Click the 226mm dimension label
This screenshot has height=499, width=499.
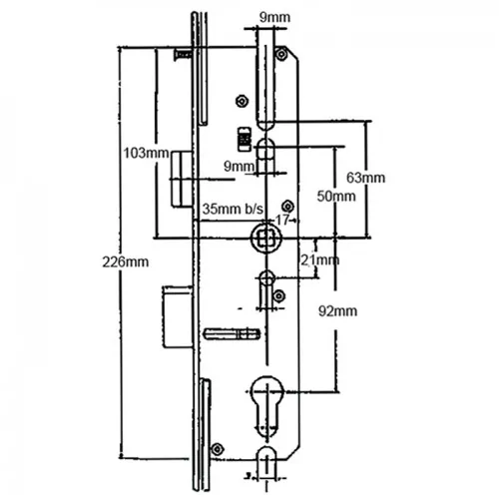click(126, 262)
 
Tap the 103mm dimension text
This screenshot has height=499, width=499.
click(146, 154)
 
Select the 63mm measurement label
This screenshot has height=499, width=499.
click(365, 178)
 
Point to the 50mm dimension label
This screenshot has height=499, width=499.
click(336, 197)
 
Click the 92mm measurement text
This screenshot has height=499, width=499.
click(338, 311)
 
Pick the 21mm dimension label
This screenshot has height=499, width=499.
click(320, 260)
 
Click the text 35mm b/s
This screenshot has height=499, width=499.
click(233, 209)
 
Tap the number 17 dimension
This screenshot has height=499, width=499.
click(282, 220)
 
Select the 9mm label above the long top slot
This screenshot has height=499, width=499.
click(274, 17)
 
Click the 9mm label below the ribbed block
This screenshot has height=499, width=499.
click(239, 167)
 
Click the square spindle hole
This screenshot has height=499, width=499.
click(265, 238)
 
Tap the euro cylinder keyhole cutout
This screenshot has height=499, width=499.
click(267, 406)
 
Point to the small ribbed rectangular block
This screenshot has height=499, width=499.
click(245, 139)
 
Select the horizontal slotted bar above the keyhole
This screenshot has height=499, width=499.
click(232, 333)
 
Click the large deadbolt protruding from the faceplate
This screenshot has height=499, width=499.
click(178, 317)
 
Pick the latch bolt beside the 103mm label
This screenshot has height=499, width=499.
click(182, 179)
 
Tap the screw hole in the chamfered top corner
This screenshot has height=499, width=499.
click(281, 54)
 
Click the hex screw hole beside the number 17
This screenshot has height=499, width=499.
click(287, 207)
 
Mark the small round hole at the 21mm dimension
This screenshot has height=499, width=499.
click(267, 277)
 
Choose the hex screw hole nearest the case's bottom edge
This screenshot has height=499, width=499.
click(218, 449)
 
